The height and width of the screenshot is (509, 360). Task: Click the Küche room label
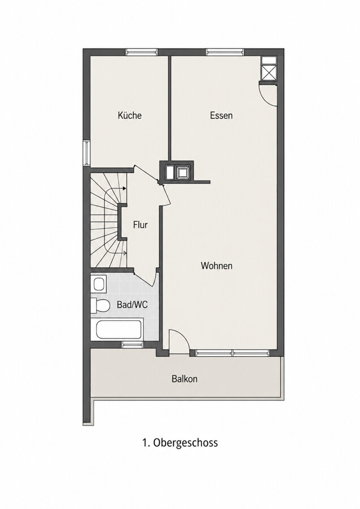(x=130, y=116)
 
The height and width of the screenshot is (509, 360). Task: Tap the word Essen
(x=221, y=116)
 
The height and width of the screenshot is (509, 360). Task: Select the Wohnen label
(x=217, y=266)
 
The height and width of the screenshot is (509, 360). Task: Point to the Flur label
(x=140, y=225)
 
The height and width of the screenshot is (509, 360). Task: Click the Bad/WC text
(x=132, y=305)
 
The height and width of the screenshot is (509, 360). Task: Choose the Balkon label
(x=185, y=379)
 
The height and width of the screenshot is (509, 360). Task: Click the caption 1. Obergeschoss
(x=180, y=442)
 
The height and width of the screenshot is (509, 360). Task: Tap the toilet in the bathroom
(x=100, y=305)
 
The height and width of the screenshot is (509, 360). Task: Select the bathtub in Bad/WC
(x=119, y=330)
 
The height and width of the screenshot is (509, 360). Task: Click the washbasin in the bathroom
(x=98, y=284)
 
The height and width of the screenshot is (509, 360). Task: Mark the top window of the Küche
(x=142, y=52)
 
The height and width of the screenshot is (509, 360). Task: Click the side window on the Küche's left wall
(x=87, y=152)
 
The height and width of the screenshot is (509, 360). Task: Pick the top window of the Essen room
(x=225, y=52)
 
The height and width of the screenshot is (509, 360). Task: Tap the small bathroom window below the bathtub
(x=132, y=345)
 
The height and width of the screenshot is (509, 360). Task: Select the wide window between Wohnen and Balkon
(x=233, y=353)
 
